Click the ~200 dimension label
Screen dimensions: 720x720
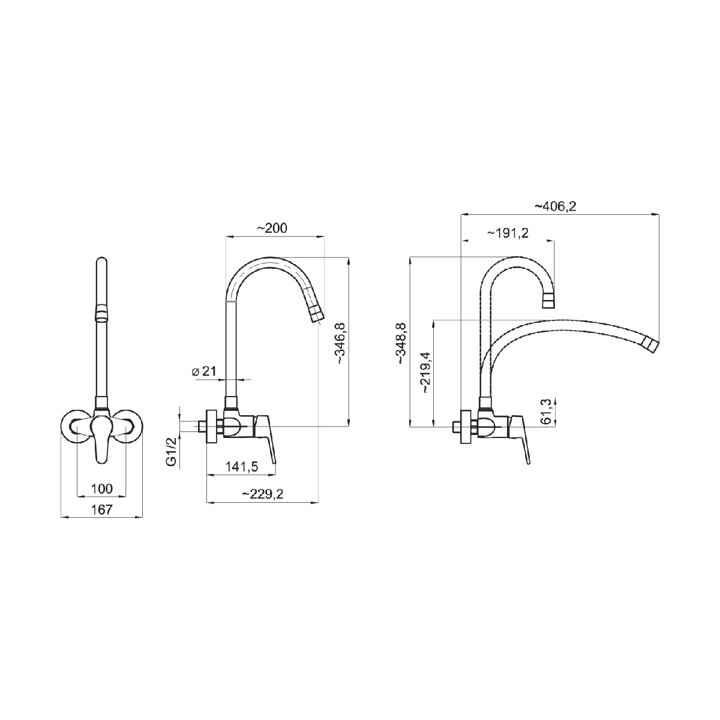[272, 228]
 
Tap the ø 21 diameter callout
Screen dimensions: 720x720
[204, 371]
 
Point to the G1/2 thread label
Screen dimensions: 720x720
[171, 454]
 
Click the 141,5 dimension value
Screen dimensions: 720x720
[242, 467]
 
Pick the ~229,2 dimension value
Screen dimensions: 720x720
[263, 494]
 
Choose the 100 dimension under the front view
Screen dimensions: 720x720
[101, 488]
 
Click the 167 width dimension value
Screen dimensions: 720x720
[101, 509]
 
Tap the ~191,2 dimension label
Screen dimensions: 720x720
[508, 233]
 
